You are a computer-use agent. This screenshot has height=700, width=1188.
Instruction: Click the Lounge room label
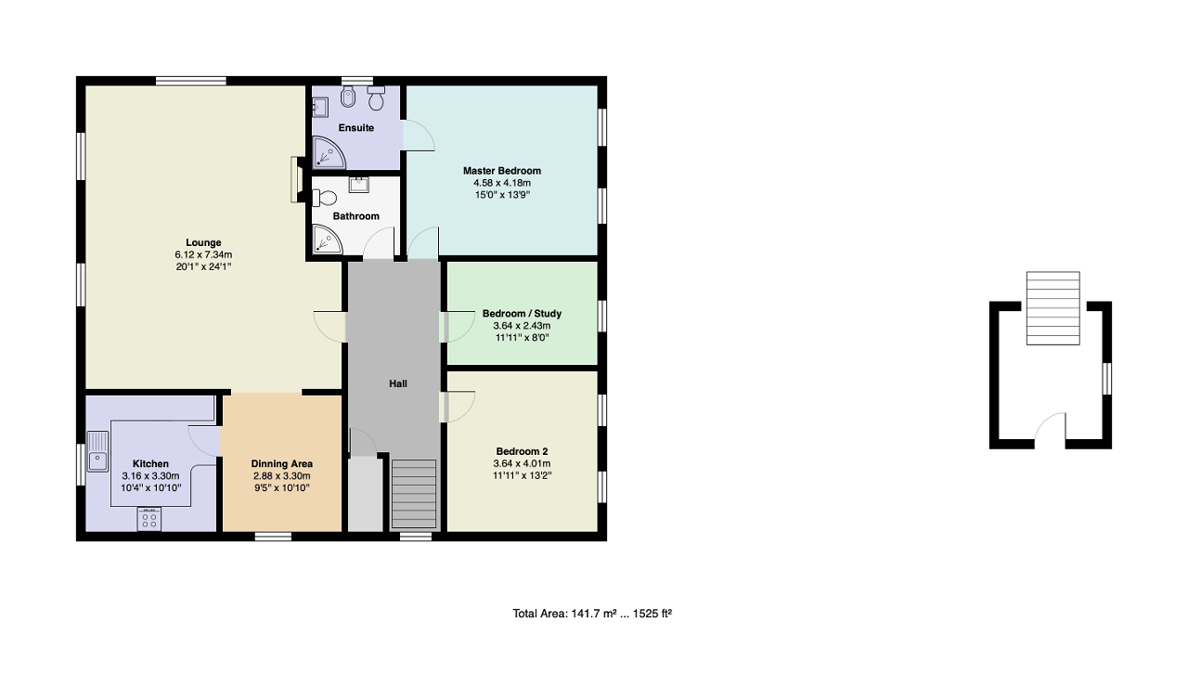[x=203, y=242]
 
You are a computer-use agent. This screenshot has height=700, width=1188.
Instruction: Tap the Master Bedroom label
[x=501, y=171]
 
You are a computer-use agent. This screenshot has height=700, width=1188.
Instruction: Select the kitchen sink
[x=97, y=452]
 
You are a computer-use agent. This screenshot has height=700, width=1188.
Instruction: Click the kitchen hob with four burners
[x=149, y=519]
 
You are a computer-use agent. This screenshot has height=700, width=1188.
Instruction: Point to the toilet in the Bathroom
[x=325, y=198]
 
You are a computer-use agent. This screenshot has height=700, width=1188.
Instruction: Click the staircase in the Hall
[x=414, y=494]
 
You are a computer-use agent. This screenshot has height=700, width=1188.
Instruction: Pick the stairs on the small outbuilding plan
[x=1052, y=308]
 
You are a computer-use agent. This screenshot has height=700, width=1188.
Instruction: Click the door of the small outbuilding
[x=1051, y=429]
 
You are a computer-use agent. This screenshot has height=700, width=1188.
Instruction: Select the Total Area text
[x=592, y=614]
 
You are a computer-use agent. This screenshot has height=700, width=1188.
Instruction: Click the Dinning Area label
[x=282, y=463]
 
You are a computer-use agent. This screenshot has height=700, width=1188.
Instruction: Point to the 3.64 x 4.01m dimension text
[x=523, y=464]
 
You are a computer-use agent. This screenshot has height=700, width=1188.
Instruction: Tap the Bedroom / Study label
[x=522, y=314]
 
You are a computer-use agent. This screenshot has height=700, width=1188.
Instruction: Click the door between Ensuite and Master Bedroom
[x=418, y=136]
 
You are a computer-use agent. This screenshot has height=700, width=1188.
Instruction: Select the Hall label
[x=397, y=383]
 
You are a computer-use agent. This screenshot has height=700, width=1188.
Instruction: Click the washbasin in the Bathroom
[x=359, y=184]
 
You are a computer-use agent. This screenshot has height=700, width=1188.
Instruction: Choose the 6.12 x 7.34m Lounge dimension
[x=203, y=254]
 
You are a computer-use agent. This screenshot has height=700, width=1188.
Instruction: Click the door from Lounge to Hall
[x=330, y=325]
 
